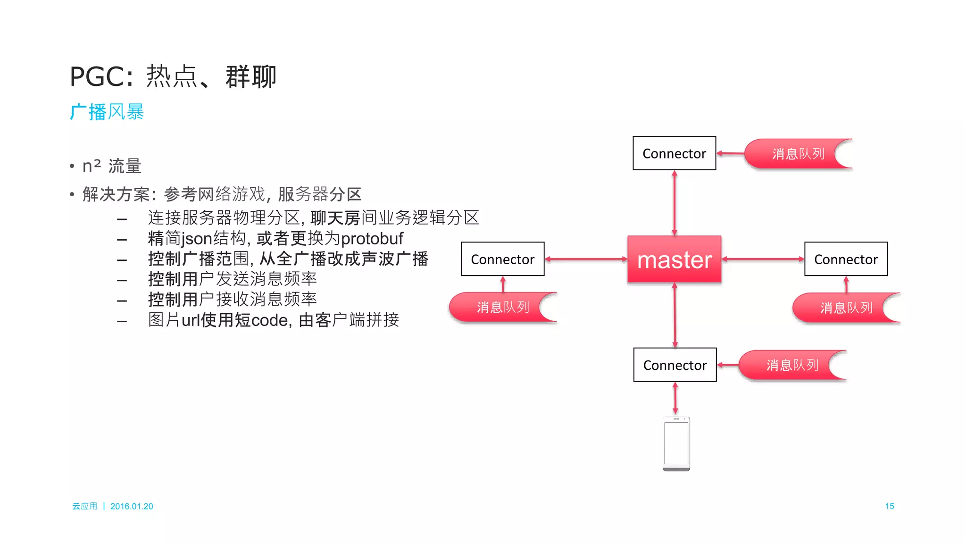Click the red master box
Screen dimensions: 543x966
(674, 259)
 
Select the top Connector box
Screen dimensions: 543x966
(674, 153)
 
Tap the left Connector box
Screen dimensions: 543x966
(502, 259)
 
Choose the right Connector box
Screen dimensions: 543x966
(846, 259)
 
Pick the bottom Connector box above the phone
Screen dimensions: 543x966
(675, 365)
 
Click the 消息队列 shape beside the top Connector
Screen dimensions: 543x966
(797, 154)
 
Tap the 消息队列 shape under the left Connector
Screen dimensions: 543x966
(502, 307)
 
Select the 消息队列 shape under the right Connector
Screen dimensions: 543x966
(846, 308)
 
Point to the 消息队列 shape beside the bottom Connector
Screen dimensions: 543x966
(791, 365)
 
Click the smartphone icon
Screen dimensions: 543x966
(676, 443)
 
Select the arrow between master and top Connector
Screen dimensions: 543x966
(675, 203)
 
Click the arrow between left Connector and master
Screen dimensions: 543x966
(586, 259)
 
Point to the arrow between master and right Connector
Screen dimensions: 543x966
(763, 259)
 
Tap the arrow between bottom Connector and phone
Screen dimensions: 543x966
(675, 399)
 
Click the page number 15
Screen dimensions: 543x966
(889, 506)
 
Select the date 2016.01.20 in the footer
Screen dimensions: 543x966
(132, 506)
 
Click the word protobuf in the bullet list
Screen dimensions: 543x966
(372, 239)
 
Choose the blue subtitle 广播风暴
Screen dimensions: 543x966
(107, 112)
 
